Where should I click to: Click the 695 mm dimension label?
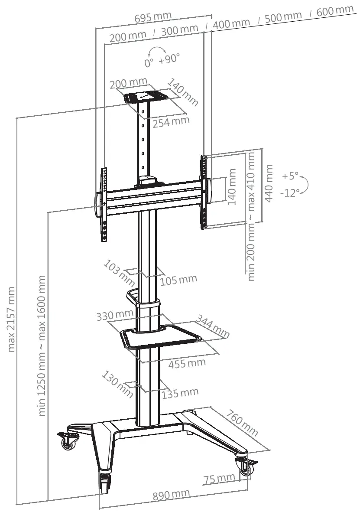point(153,17)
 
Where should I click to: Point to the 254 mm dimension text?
point(171,121)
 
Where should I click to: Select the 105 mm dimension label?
point(178,280)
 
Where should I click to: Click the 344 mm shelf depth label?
point(213,326)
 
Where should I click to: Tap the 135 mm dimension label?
point(180,393)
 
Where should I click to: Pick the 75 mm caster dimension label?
point(219,479)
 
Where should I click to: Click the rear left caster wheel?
point(68,443)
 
